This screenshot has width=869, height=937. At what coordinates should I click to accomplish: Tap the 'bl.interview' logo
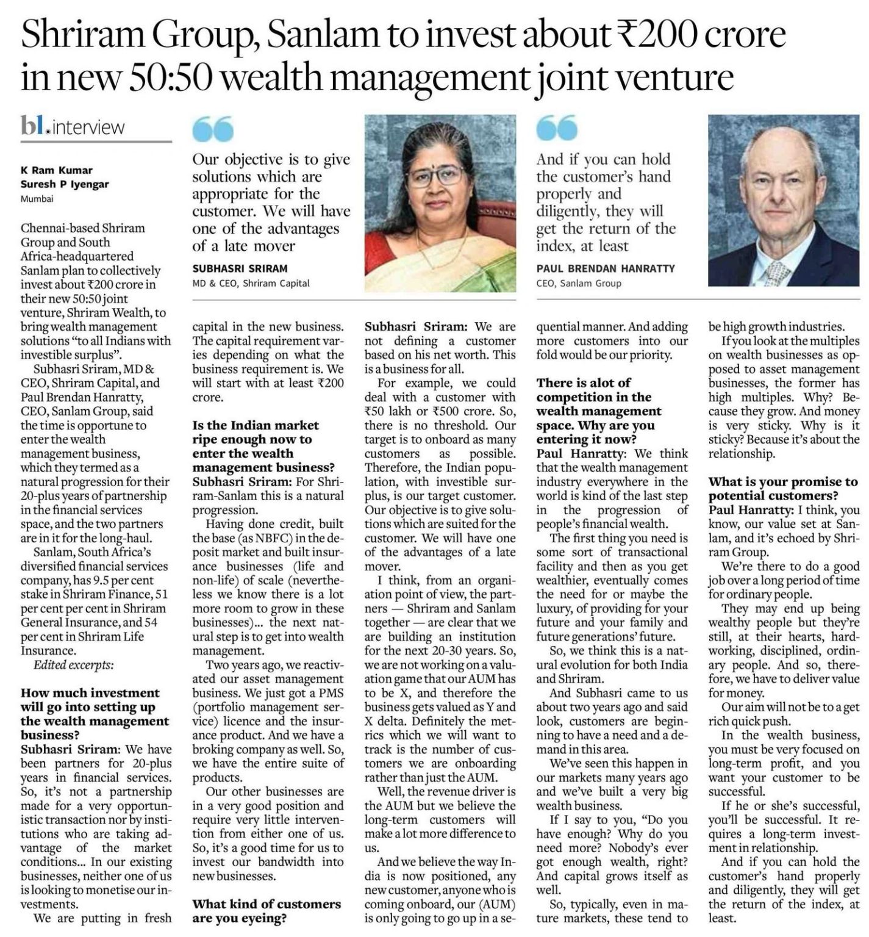(73, 127)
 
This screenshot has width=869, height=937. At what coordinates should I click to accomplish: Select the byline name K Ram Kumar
(57, 171)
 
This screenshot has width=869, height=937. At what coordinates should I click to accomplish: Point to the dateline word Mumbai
(37, 198)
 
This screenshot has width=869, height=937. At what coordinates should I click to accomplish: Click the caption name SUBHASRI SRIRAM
(240, 268)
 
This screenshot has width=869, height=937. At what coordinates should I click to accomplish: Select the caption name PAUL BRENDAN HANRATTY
(606, 268)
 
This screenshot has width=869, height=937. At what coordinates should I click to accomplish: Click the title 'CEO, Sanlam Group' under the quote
(579, 283)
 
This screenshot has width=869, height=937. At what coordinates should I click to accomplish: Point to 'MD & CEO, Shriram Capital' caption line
(251, 283)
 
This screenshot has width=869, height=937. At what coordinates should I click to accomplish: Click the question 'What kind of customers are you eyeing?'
(266, 911)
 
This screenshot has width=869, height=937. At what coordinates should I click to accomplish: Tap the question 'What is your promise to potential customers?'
(783, 489)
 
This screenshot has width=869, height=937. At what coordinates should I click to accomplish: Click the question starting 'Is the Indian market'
(263, 446)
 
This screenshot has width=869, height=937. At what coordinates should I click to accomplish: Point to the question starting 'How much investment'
(95, 714)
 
